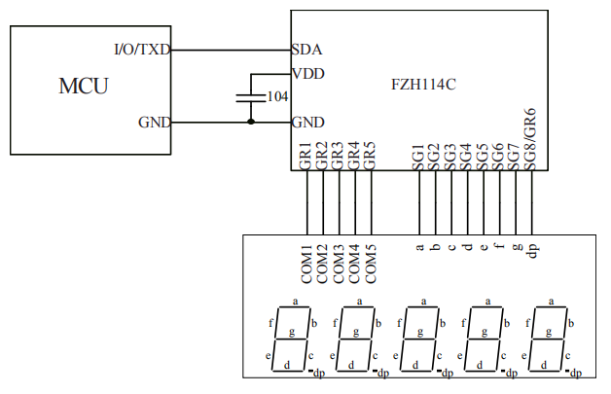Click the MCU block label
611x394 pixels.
(x=84, y=87)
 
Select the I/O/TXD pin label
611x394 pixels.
(x=142, y=50)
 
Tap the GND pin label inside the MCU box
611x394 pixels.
(x=155, y=123)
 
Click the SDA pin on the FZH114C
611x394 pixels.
(x=307, y=50)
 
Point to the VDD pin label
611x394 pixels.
(x=308, y=74)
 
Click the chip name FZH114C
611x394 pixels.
(x=423, y=86)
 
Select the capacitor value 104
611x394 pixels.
(x=276, y=97)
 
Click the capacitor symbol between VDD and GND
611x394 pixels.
(x=251, y=97)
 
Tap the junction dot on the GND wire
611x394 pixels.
(x=251, y=123)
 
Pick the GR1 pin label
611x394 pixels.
(x=306, y=157)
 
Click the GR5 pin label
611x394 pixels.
(x=371, y=157)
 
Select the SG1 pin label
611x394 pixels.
(x=419, y=158)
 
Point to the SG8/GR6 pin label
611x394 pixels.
(x=531, y=141)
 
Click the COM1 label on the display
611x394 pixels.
(x=306, y=265)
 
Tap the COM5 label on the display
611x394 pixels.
(x=371, y=265)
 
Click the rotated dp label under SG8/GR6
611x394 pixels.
(x=532, y=249)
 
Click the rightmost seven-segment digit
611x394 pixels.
(x=554, y=340)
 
